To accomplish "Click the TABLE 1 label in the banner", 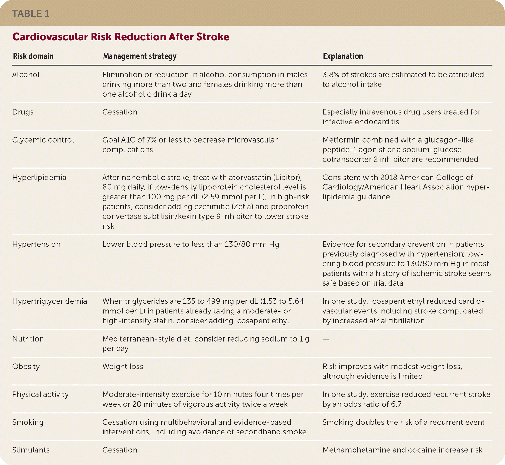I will [31, 14].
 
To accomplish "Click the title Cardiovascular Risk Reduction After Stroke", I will [121, 37].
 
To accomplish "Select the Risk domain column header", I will [33, 56].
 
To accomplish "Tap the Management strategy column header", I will [140, 56].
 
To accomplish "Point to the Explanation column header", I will [343, 56].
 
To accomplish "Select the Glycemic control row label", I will [43, 140].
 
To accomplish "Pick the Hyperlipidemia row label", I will [39, 177].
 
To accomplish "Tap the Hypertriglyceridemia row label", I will [50, 301].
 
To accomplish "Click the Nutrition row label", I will [28, 339].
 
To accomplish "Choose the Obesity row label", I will [26, 366].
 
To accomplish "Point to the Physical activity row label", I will [40, 394].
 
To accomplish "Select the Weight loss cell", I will [123, 366].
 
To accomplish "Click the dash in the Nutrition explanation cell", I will [326, 339].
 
